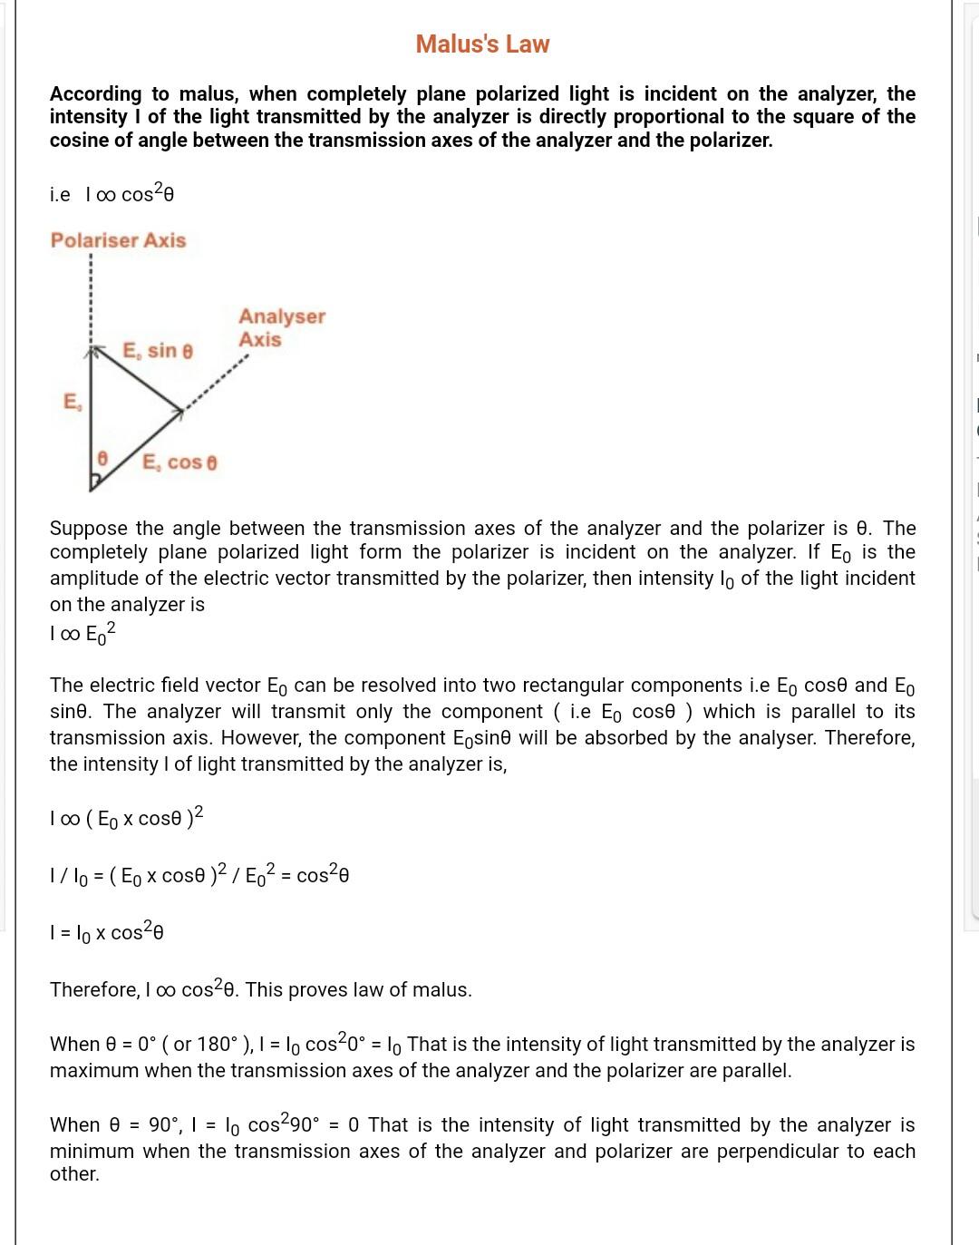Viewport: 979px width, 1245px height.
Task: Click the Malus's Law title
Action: pyautogui.click(x=482, y=44)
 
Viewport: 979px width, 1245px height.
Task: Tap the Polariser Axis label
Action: pyautogui.click(x=118, y=240)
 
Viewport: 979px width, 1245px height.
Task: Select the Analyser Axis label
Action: pyautogui.click(x=281, y=327)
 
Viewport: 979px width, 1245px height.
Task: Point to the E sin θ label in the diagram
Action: pyautogui.click(x=158, y=350)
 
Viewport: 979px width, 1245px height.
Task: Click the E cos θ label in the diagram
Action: pyautogui.click(x=179, y=462)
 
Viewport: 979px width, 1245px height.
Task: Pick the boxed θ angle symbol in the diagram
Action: pyautogui.click(x=103, y=460)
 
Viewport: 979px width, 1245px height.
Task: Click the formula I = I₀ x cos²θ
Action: pyautogui.click(x=106, y=931)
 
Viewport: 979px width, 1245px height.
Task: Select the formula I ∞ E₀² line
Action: pyautogui.click(x=82, y=633)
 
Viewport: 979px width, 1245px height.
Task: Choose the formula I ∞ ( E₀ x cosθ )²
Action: pyautogui.click(x=126, y=817)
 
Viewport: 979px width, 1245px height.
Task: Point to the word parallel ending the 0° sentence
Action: pyautogui.click(x=756, y=1070)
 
